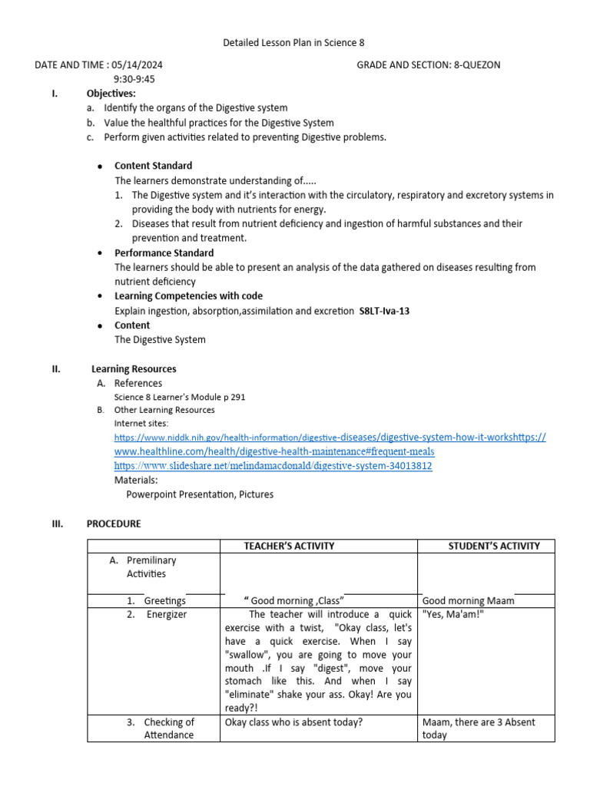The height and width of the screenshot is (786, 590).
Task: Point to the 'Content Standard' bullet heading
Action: (153, 166)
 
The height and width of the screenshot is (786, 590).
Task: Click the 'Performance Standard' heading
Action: (164, 253)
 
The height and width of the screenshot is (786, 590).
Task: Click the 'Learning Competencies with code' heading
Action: (188, 296)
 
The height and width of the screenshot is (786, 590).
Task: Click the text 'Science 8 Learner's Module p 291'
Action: (180, 398)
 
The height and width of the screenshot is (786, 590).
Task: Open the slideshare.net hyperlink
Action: (273, 466)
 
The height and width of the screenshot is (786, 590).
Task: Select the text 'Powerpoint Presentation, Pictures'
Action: (200, 494)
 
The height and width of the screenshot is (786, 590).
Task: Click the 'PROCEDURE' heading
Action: (114, 524)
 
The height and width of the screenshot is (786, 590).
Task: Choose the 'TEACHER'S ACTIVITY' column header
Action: (289, 547)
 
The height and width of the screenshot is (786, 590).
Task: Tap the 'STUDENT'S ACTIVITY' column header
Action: (494, 547)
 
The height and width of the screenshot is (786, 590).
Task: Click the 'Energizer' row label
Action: (166, 615)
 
